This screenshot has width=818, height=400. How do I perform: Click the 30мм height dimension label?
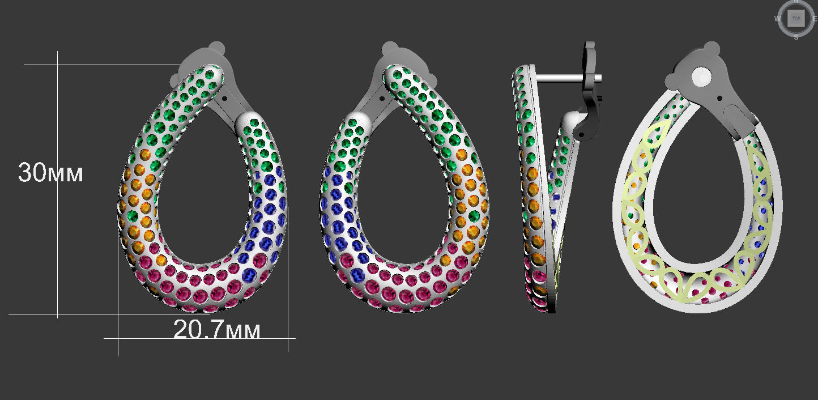[x=50, y=173]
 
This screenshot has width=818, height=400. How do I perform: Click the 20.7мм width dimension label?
[x=216, y=330]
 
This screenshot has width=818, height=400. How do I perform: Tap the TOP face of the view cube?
[x=796, y=18]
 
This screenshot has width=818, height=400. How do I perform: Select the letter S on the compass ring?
[x=796, y=37]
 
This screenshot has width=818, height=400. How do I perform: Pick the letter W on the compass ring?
[x=777, y=19]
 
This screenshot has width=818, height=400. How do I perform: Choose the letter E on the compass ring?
[x=816, y=19]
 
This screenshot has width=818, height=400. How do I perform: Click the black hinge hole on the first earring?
[x=226, y=98]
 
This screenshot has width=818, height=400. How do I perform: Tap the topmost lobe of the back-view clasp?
[x=710, y=48]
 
